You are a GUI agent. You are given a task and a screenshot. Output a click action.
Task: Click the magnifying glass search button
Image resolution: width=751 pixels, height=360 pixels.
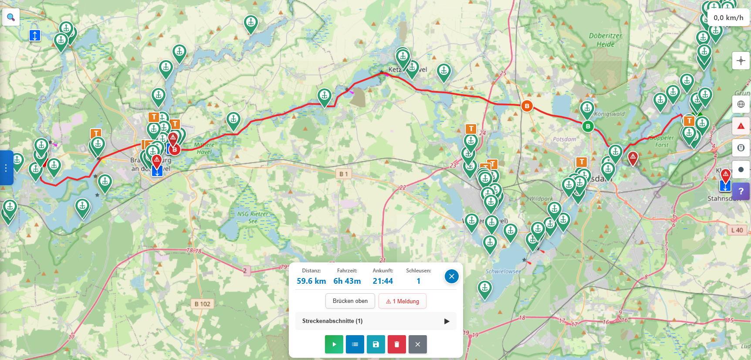coord(11,17)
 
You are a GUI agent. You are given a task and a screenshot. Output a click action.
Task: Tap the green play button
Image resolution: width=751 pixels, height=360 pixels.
coord(334,344)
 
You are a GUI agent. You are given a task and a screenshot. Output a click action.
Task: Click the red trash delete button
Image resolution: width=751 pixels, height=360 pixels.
coord(397,344)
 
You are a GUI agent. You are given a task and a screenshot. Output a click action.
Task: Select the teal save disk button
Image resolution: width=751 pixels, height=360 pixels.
coord(376,344)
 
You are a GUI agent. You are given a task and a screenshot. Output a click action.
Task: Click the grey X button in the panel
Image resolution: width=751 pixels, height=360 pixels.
coord(418,344)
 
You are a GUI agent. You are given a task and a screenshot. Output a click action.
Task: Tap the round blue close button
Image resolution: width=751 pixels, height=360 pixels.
coord(452,276)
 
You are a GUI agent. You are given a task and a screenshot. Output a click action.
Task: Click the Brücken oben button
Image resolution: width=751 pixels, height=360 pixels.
coord(350,301)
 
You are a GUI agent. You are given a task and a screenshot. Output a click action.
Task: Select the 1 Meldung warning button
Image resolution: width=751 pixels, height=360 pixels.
coord(403,301)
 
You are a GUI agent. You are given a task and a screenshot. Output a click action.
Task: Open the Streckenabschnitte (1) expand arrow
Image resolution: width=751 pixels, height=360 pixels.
coord(447,321)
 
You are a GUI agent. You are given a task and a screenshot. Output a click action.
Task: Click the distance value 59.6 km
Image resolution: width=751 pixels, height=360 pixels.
coord(311,281)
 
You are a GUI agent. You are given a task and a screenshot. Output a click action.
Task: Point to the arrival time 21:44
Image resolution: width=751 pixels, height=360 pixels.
coord(383,281)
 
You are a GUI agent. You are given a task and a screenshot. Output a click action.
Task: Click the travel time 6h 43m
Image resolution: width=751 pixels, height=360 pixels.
coord(347,281)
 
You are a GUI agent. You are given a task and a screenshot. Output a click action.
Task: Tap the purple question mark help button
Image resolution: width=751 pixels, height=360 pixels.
coord(741,191)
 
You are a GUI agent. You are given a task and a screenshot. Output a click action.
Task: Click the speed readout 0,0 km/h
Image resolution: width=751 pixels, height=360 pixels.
coord(728,18)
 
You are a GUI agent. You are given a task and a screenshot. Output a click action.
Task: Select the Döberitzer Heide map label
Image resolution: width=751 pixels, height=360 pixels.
coord(606,40)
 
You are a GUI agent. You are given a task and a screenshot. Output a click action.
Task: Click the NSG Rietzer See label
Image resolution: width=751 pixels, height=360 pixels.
coord(253,217)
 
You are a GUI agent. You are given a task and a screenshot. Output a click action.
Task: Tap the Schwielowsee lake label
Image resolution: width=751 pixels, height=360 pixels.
coord(503,271)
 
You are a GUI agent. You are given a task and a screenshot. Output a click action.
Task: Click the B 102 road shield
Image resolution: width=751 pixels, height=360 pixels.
coord(202,304)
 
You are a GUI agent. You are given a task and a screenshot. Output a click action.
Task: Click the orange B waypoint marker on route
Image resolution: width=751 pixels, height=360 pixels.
coord(527,106)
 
